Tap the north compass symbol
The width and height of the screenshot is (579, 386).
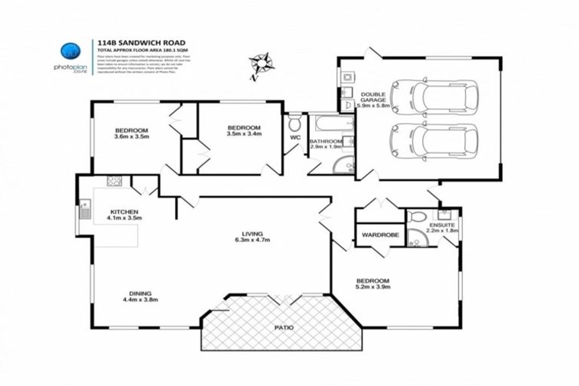(262, 63)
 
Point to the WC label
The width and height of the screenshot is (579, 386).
(295, 138)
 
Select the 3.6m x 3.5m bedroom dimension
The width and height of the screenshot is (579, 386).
(132, 136)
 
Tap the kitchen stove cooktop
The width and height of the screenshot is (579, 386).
(115, 180)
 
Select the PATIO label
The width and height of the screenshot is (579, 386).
(284, 329)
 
